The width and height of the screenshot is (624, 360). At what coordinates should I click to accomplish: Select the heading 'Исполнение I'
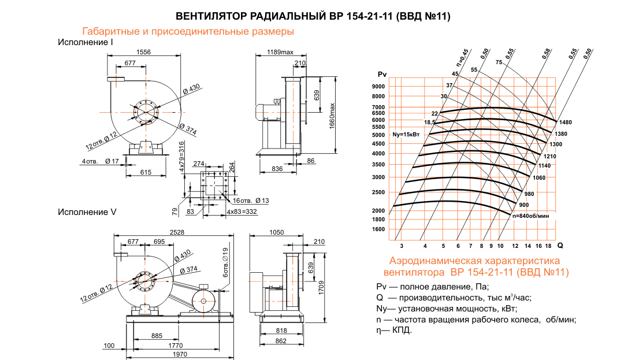click(85, 42)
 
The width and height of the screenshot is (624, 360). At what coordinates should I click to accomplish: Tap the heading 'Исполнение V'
click(87, 212)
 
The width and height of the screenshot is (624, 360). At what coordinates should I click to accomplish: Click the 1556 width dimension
click(143, 52)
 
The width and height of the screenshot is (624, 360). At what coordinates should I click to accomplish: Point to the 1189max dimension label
click(280, 53)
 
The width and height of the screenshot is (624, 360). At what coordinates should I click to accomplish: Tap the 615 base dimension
click(145, 172)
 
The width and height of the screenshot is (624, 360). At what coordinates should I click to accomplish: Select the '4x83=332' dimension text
click(242, 212)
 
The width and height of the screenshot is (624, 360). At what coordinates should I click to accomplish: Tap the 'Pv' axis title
click(381, 75)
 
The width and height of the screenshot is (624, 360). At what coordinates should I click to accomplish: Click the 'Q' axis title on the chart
click(560, 245)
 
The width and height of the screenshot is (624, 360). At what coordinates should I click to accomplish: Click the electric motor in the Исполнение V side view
click(204, 300)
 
